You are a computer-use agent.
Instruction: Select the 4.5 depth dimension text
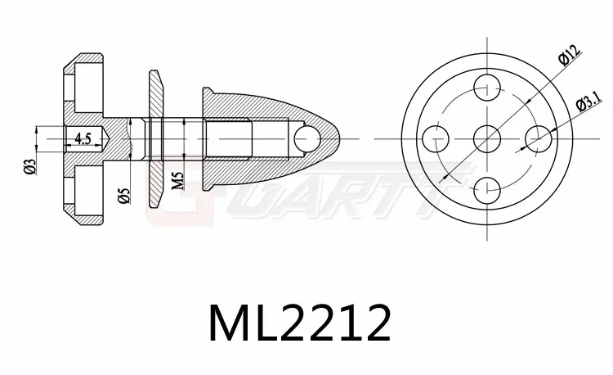[x=82, y=138]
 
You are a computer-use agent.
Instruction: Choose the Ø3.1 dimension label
[x=588, y=102]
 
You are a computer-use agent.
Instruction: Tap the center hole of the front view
[x=488, y=136]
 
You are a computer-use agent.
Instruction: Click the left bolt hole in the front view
[x=436, y=136]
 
